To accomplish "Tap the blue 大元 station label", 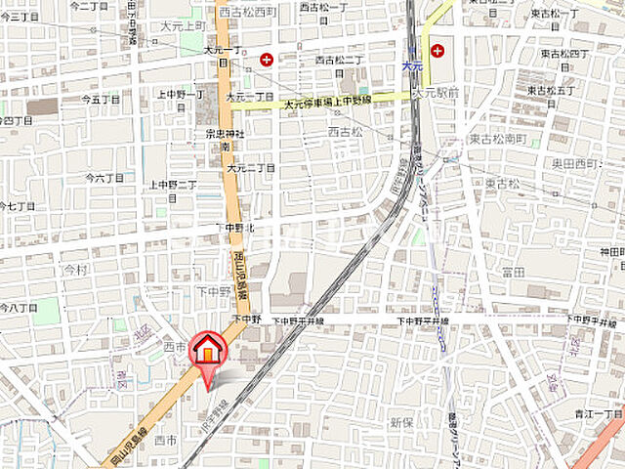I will coord(412,65).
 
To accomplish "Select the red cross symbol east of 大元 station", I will coord(437,49).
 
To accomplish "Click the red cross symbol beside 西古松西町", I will coord(266,60).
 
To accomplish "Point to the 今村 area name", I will coord(75,268).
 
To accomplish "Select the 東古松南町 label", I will coord(497,140).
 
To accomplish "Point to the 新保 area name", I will coord(402,422).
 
